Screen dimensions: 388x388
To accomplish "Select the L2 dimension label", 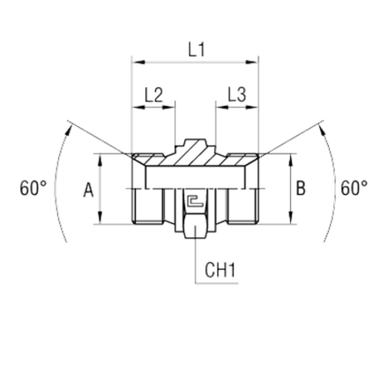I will tap(153, 93).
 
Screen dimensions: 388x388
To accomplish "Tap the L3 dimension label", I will tap(235, 93).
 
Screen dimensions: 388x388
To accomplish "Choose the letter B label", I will tap(302, 188).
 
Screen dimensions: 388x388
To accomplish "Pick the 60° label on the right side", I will tap(354, 187).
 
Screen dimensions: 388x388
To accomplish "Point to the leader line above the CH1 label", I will tap(195, 256).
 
